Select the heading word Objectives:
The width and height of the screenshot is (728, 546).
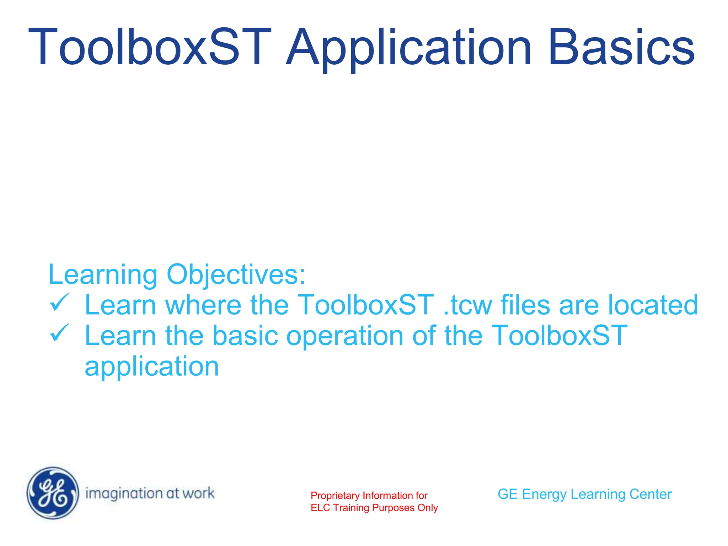(x=236, y=275)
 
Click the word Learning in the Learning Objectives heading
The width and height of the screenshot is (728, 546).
(x=103, y=275)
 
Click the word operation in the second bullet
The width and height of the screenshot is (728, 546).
(x=344, y=336)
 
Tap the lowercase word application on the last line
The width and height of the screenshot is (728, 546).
(x=152, y=367)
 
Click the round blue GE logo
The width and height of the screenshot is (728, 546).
(x=53, y=493)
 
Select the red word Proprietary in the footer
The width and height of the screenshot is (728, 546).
(x=335, y=496)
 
